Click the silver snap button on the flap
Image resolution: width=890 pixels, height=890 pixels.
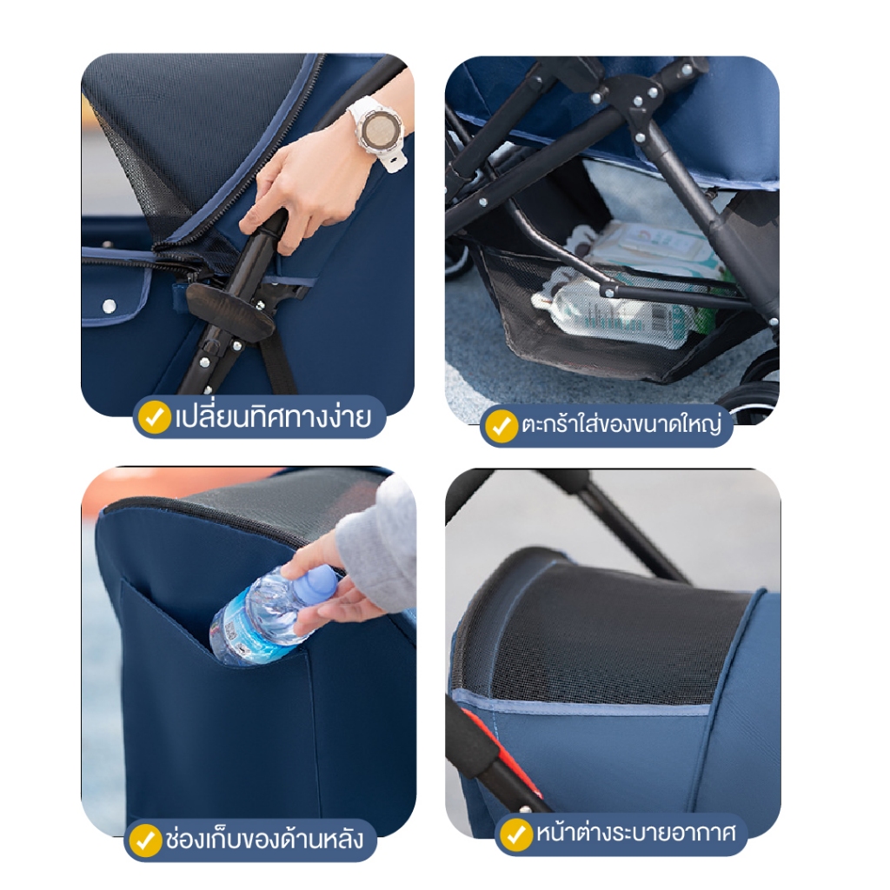109,306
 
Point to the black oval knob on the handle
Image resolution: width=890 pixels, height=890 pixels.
230,313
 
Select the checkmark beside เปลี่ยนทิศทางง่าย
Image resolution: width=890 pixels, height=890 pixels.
154,417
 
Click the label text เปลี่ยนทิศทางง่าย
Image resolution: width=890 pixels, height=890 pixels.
272,417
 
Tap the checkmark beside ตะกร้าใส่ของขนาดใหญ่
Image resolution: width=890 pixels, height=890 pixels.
500,426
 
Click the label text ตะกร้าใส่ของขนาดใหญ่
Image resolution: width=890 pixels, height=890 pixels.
621,424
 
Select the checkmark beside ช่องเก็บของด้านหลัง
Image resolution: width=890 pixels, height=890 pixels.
145,840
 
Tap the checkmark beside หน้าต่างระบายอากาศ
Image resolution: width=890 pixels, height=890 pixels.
515,834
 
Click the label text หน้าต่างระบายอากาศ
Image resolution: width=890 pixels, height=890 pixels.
636,834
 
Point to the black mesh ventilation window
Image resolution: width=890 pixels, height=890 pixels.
608,635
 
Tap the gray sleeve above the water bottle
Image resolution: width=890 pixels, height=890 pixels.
377,545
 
